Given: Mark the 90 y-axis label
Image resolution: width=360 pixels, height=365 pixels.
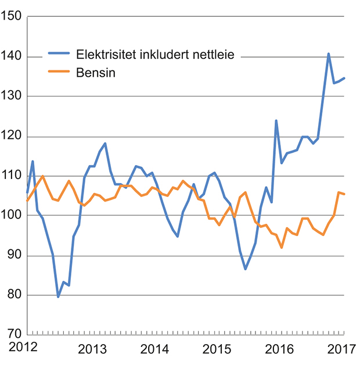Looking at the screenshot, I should [x=14, y=256].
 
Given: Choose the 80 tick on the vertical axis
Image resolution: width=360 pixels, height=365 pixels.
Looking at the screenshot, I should [x=14, y=295].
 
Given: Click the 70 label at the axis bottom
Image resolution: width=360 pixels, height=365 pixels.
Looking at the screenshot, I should [x=14, y=335].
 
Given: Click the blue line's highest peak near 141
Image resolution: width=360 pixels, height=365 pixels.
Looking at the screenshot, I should [x=329, y=54].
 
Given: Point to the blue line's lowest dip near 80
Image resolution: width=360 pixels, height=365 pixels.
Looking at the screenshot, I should [x=58, y=296].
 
